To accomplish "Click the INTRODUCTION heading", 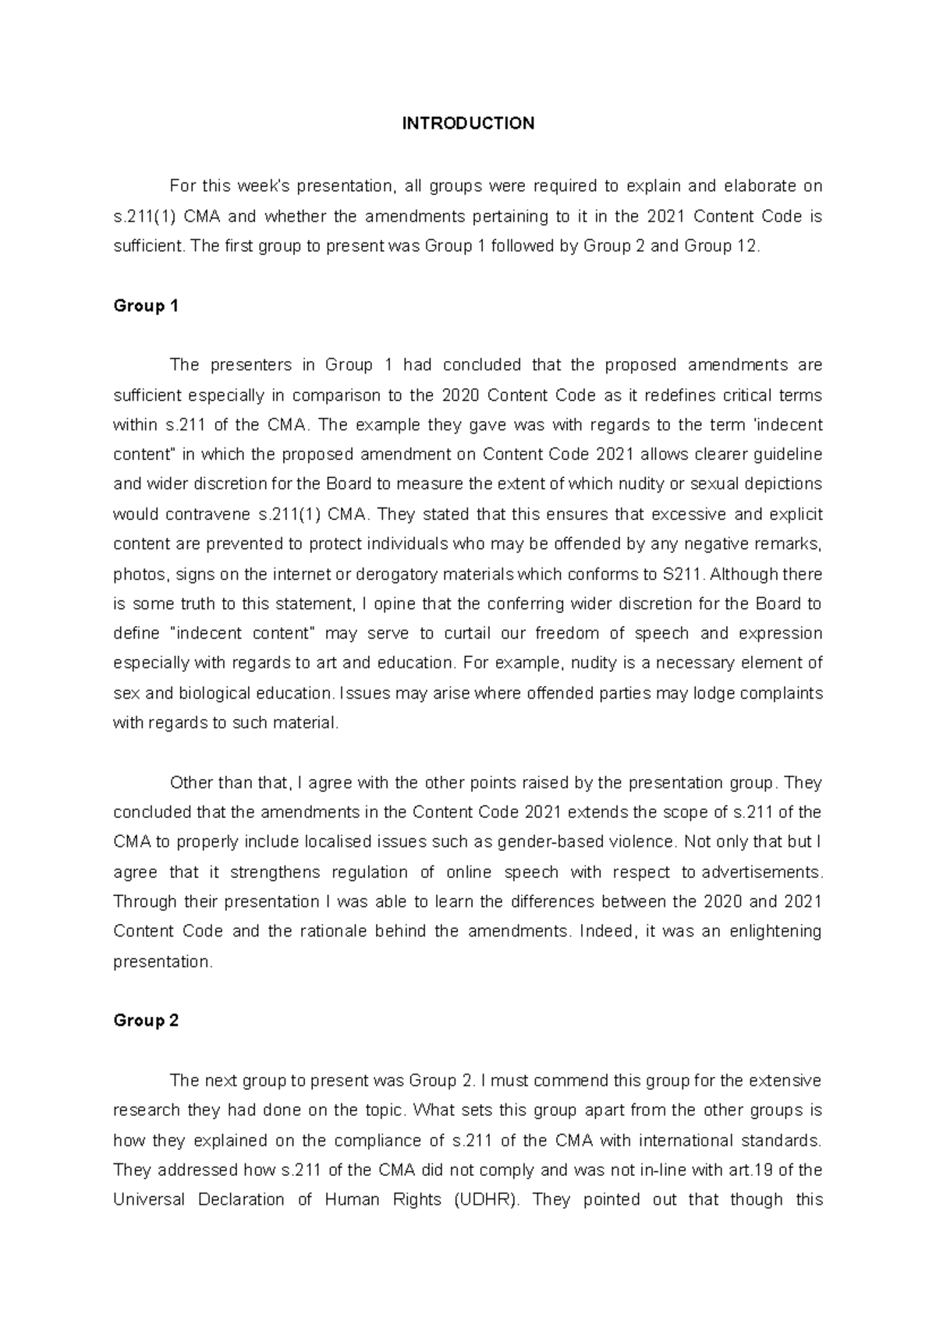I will tap(468, 123).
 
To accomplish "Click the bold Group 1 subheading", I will tap(146, 306).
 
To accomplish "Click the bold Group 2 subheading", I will tap(146, 1021).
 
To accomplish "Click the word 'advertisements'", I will tap(760, 873).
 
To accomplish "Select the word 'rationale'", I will tap(332, 932).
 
